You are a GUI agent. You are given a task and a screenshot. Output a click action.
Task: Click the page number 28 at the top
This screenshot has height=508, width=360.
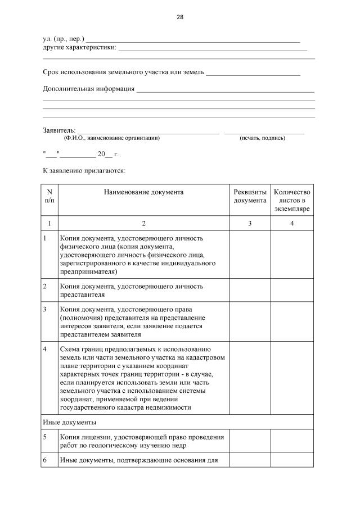[x=180, y=17]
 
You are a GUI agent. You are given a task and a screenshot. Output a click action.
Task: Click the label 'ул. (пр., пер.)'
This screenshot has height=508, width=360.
[x=64, y=39]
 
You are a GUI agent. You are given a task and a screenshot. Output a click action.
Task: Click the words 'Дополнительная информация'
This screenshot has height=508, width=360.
[x=88, y=88]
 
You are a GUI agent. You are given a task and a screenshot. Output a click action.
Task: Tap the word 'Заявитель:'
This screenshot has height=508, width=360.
[x=59, y=130]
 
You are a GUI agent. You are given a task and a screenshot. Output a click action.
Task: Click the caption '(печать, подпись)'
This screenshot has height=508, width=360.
[x=262, y=138]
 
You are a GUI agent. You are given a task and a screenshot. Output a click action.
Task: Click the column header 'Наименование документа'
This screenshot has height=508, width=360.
[x=143, y=192]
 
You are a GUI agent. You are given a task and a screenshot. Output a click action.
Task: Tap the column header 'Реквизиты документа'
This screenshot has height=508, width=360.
[x=250, y=196]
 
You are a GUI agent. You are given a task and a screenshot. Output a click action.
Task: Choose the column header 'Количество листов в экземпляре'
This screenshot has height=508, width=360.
[x=292, y=200]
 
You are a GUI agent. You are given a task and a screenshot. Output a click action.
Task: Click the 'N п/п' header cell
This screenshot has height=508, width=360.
[x=49, y=196]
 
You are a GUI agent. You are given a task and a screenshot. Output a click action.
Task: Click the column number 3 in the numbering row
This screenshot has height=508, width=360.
[x=250, y=223]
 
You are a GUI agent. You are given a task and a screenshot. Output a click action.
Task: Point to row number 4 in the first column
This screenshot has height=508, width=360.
[x=46, y=350]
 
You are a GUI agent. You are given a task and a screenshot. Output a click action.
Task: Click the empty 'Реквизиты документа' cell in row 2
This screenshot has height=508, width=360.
[x=250, y=290]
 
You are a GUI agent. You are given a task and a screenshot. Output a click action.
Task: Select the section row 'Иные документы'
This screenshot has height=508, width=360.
[x=69, y=421]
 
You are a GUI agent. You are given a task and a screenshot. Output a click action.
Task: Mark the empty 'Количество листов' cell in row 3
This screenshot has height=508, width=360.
[x=292, y=321]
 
